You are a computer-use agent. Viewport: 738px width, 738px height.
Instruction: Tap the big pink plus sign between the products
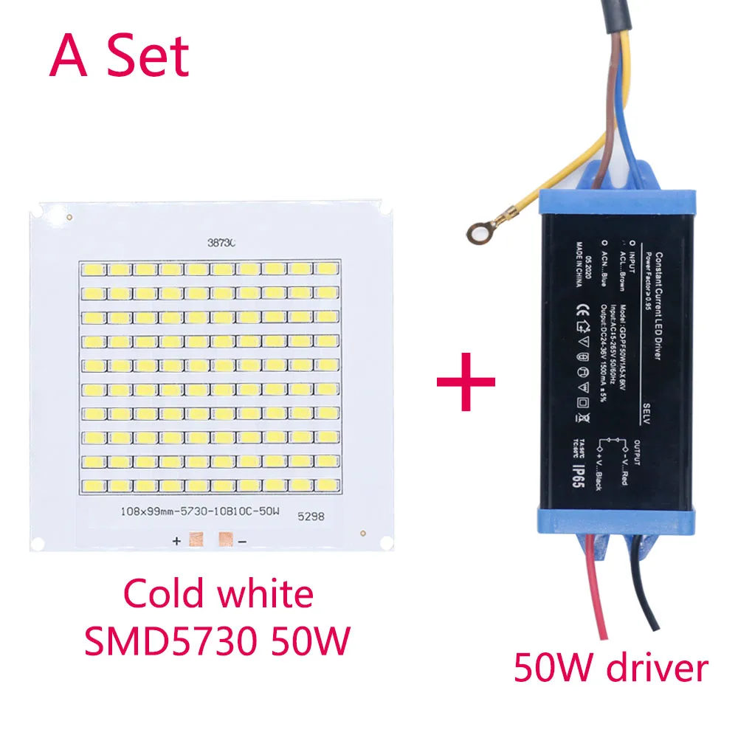tap(466, 382)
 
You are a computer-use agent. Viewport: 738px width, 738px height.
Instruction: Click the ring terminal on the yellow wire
tap(479, 232)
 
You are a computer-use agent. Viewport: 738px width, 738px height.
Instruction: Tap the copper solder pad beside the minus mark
tap(227, 541)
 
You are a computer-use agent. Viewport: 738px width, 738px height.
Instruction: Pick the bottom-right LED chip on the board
tap(326, 486)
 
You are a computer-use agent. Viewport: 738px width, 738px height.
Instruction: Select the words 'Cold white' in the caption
tap(219, 593)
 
